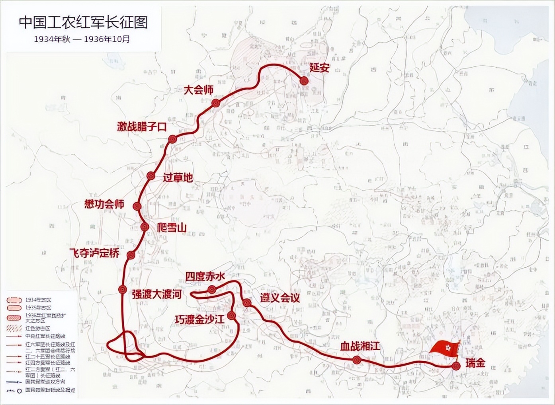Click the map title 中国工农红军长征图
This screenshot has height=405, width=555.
[x=83, y=22]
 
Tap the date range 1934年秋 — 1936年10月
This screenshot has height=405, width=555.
[x=82, y=39]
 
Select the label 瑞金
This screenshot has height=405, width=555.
[x=475, y=363]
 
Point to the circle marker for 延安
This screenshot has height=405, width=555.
[x=304, y=80]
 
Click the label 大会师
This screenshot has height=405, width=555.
[x=198, y=90]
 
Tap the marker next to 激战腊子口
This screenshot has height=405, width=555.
[x=172, y=139]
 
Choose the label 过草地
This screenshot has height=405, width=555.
[x=178, y=177]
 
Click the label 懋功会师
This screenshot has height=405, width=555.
[x=104, y=204]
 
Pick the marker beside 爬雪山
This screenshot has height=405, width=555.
[x=145, y=227]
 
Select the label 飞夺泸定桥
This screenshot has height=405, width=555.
[x=94, y=253]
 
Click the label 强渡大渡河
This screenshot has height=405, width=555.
[x=157, y=294]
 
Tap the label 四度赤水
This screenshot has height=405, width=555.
[x=205, y=276]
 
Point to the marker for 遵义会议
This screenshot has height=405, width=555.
[x=247, y=303]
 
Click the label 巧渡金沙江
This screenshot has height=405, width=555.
[x=199, y=319]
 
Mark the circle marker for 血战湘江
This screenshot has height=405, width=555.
[x=357, y=360]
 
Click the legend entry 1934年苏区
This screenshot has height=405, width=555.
[x=38, y=300]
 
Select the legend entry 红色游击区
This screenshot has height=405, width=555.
[x=38, y=328]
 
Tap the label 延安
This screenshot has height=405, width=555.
[x=319, y=68]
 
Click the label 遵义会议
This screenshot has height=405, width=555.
[x=280, y=298]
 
